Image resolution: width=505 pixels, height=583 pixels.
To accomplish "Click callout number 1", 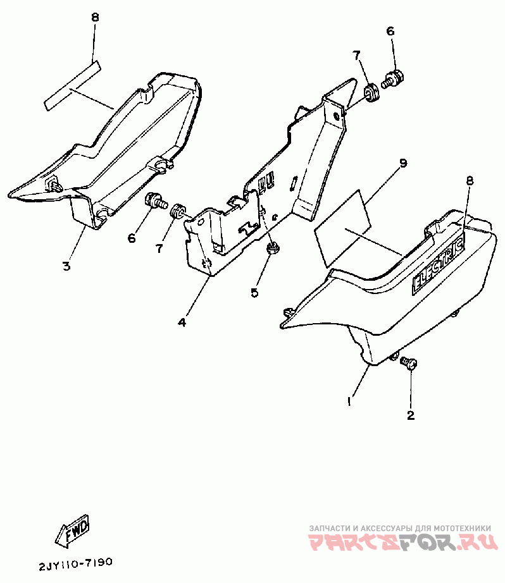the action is click(348, 401).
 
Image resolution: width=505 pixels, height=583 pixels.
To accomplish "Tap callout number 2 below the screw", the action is click(410, 415).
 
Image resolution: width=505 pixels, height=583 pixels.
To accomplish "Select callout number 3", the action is click(66, 266).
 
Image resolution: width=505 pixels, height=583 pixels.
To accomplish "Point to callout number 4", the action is click(182, 322).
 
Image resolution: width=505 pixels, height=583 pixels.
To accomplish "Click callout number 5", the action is click(254, 292).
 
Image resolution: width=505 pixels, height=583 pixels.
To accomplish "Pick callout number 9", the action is click(402, 163).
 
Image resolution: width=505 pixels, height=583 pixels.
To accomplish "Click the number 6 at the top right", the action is click(390, 30).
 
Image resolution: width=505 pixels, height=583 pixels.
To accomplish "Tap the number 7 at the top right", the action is click(358, 57).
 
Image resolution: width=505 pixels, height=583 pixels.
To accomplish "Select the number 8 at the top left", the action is click(95, 18).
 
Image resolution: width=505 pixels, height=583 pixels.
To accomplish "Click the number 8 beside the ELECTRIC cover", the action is click(470, 181).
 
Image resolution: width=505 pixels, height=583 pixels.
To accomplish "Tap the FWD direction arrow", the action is click(74, 530).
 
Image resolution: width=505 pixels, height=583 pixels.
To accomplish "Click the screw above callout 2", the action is click(409, 364).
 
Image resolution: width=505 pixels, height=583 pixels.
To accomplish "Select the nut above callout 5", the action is click(273, 247).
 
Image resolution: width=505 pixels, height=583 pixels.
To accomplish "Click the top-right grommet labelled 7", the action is click(371, 92).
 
